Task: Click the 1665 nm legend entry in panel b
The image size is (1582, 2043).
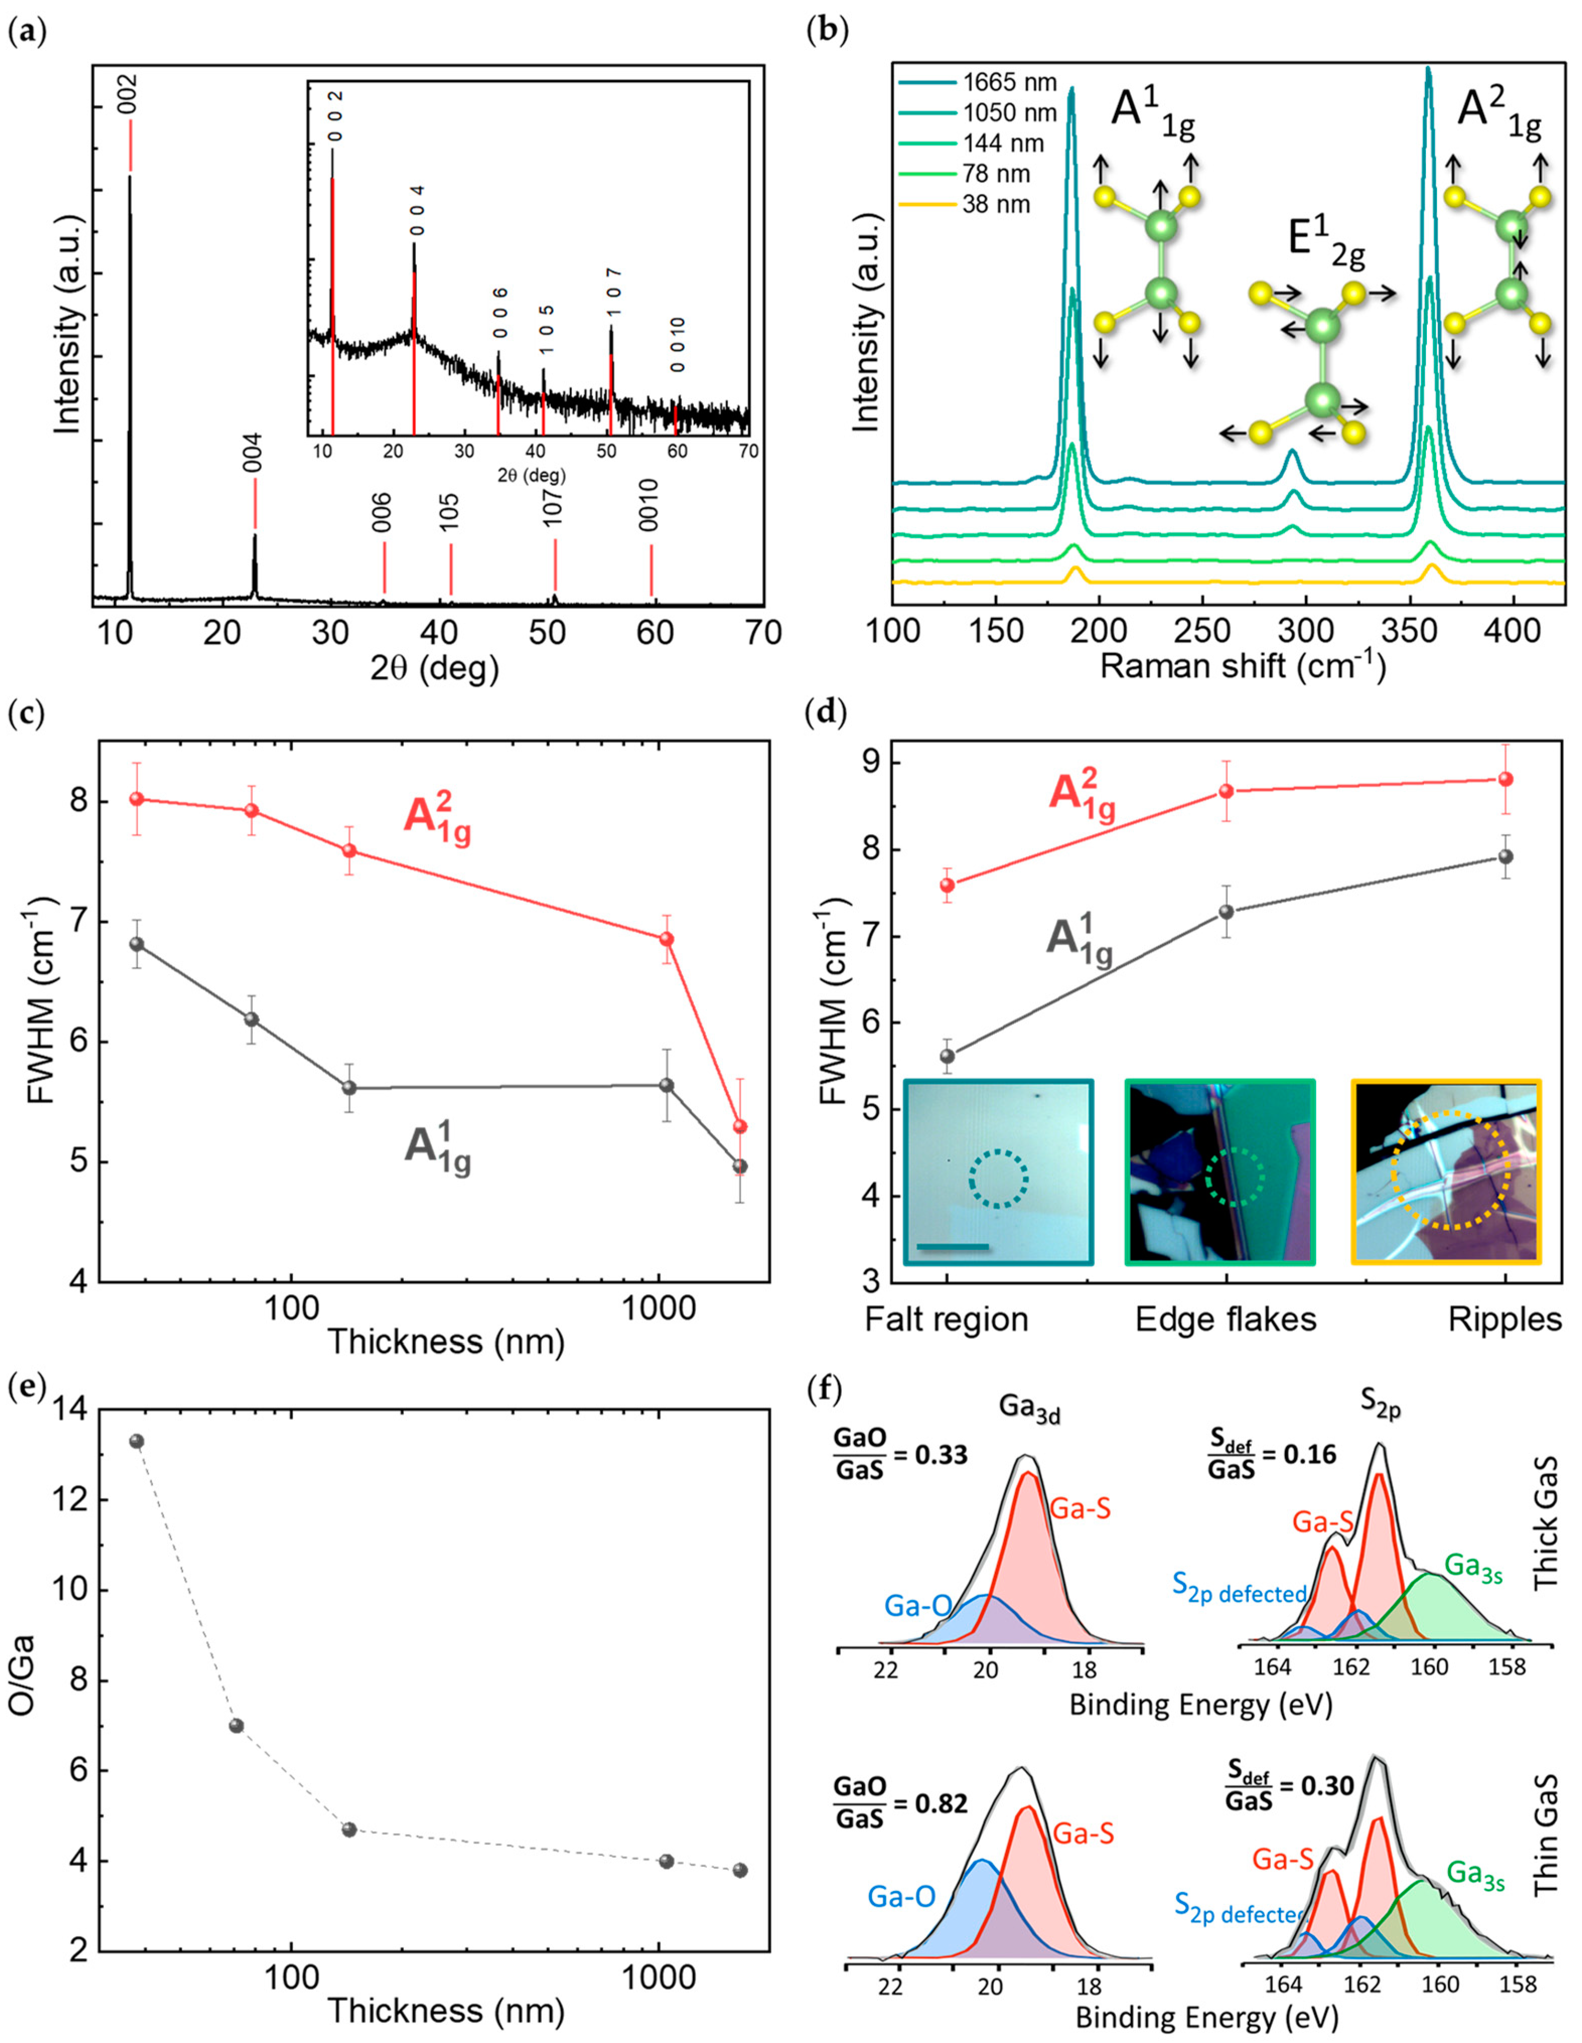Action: [1009, 83]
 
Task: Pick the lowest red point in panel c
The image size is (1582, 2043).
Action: [740, 1126]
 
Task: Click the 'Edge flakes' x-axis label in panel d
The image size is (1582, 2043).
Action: [1226, 1319]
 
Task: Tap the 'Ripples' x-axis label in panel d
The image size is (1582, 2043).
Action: [1504, 1319]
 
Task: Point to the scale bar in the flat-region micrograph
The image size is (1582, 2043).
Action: [953, 1246]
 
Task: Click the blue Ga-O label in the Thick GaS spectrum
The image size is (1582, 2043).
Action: [918, 1606]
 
